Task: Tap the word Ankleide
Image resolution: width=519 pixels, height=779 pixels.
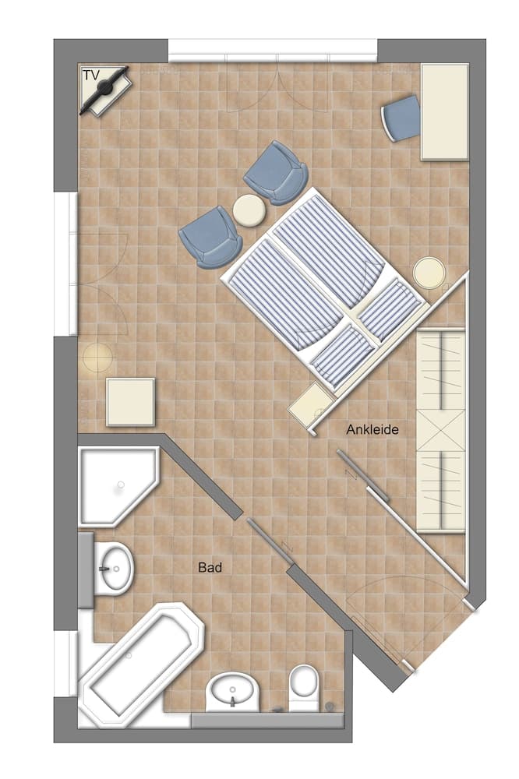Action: coord(372,428)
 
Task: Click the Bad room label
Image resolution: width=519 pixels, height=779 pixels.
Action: coord(210,568)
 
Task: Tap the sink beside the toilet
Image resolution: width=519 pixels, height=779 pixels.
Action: coord(232,690)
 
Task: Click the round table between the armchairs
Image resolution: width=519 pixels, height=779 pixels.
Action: coord(249,210)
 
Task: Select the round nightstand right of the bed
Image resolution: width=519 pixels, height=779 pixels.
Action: coord(429,273)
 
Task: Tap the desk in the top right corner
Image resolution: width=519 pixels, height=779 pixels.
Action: coord(444,112)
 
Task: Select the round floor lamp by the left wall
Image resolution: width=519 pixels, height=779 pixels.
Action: coord(98,358)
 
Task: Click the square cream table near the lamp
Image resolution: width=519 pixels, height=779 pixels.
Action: coord(130,401)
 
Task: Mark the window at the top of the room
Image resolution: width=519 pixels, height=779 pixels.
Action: coord(273,51)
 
